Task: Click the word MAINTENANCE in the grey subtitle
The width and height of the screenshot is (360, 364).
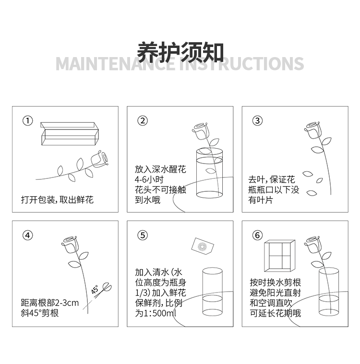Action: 116,64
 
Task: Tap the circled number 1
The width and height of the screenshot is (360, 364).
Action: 28,121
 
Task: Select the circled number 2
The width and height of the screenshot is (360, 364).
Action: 143,121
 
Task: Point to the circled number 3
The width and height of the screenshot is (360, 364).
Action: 257,121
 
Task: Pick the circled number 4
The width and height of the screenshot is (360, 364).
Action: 28,235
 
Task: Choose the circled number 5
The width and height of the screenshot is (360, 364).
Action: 143,235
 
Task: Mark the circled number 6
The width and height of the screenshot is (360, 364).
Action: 257,235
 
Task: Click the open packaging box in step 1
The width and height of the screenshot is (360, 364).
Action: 70,134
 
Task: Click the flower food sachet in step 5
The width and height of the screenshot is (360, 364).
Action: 203,246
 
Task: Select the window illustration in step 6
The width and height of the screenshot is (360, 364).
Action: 279,256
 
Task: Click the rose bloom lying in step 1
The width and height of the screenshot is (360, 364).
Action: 100,159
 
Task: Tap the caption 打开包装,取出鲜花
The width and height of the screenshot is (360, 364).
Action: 57,200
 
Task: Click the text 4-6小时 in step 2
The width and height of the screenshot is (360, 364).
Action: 149,179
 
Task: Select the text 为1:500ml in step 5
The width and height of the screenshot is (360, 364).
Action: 156,313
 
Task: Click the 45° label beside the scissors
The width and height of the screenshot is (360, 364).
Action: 95,290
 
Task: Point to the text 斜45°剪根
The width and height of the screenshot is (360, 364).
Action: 39,313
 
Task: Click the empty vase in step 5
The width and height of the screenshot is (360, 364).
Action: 213,292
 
